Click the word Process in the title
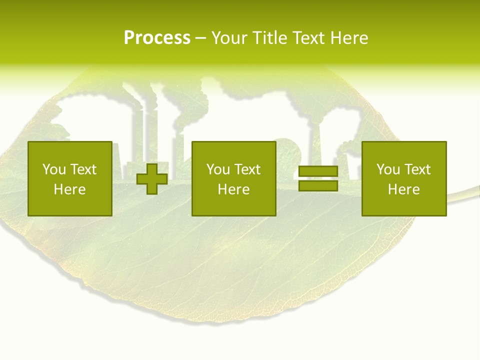[157, 38]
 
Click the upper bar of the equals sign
[318, 171]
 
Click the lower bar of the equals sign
[318, 186]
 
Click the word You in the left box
[54, 169]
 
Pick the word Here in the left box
[69, 189]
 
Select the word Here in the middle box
[233, 189]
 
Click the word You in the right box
[388, 169]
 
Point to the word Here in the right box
[403, 189]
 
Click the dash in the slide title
[200, 38]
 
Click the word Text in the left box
[83, 169]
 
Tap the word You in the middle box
[218, 169]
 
